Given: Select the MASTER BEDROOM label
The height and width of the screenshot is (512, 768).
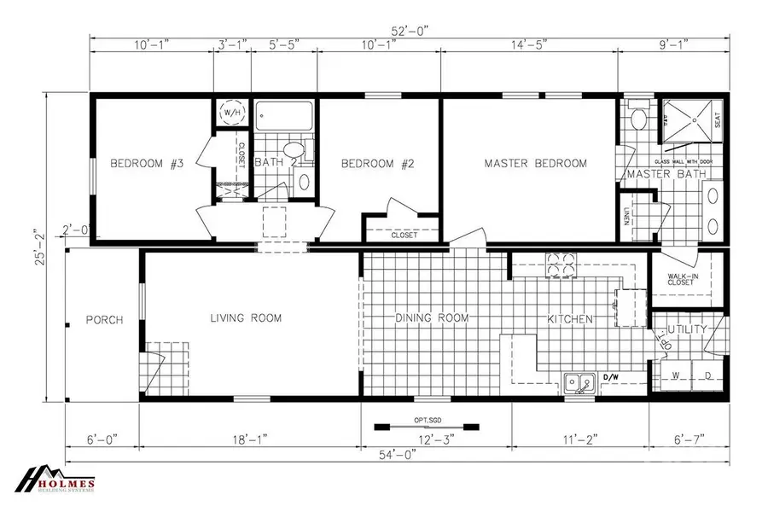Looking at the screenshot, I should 535,163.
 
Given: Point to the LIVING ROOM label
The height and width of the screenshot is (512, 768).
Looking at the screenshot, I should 246,318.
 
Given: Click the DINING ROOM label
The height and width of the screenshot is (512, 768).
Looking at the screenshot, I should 432,318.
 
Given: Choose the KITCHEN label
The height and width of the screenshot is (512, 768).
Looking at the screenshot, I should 570,319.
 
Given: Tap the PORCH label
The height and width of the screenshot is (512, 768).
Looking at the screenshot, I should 104,320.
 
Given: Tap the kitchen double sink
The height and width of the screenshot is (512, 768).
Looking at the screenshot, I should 579,383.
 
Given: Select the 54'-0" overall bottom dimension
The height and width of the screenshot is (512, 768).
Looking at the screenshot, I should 397,456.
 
